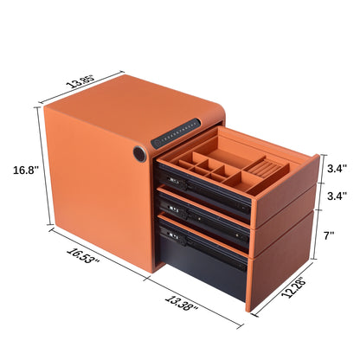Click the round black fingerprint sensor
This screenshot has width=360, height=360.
pyautogui.click(x=139, y=157)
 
